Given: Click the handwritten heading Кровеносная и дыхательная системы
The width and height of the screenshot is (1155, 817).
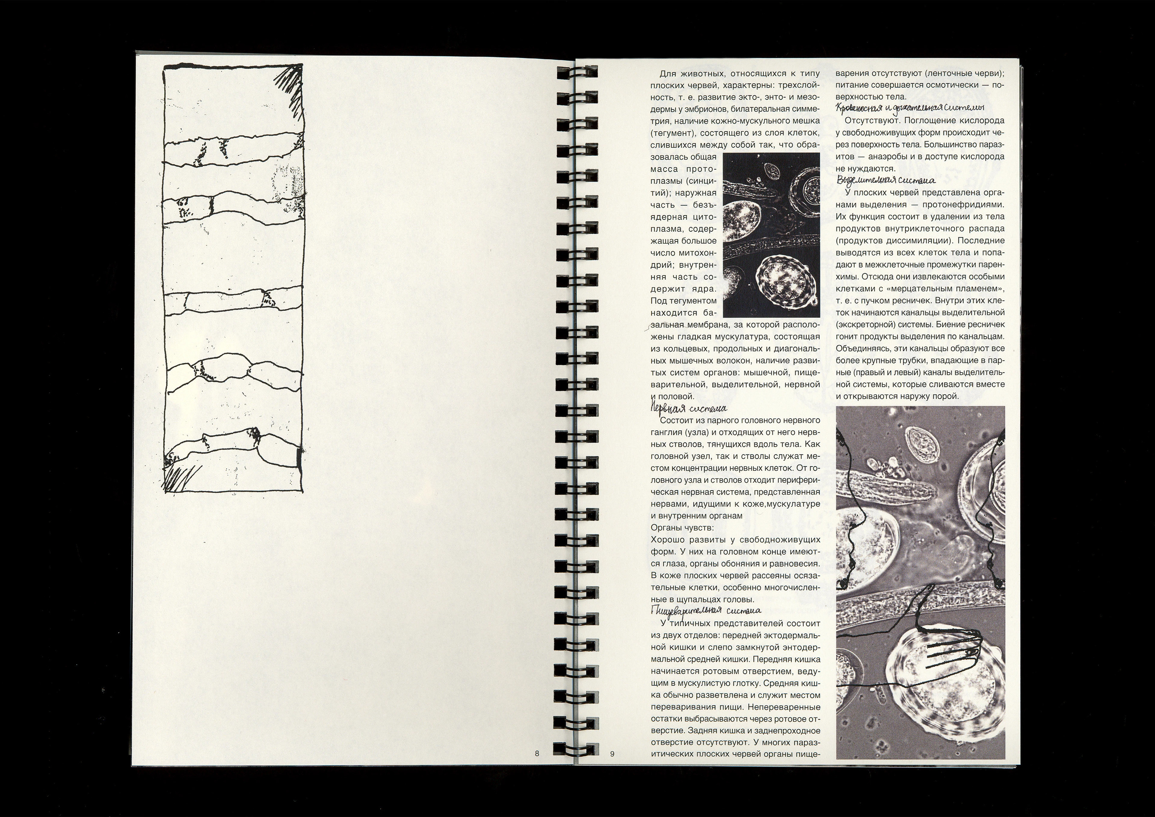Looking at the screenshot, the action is pos(911,108).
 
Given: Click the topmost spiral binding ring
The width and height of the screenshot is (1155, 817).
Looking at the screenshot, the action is pos(576,73).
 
